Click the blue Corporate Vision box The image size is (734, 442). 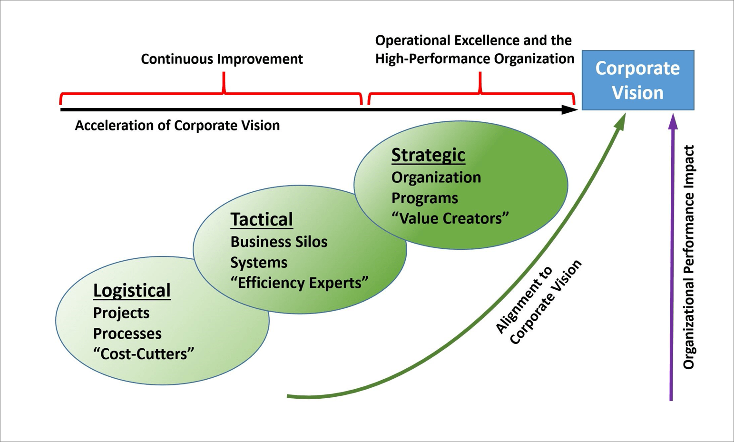coord(637,80)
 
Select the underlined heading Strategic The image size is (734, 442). coord(428,155)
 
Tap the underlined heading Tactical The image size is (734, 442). coord(262,219)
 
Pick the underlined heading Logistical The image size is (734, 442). coord(132,291)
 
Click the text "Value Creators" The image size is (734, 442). coord(450,218)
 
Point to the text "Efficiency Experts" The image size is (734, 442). coord(299,283)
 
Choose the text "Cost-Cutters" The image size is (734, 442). coord(144,354)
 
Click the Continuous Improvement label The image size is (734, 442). coord(222,59)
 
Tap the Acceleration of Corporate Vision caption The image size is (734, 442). coord(177,126)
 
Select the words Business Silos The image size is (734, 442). coord(279,242)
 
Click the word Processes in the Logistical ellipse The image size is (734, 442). coord(127,334)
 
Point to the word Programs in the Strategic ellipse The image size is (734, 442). coord(424,198)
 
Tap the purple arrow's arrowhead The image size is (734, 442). coord(673,122)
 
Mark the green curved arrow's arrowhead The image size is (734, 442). coord(619,122)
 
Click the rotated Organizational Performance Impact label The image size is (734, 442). coord(689,257)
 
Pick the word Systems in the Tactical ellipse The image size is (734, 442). coord(259,263)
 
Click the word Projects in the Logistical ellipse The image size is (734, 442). coord(121,313)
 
